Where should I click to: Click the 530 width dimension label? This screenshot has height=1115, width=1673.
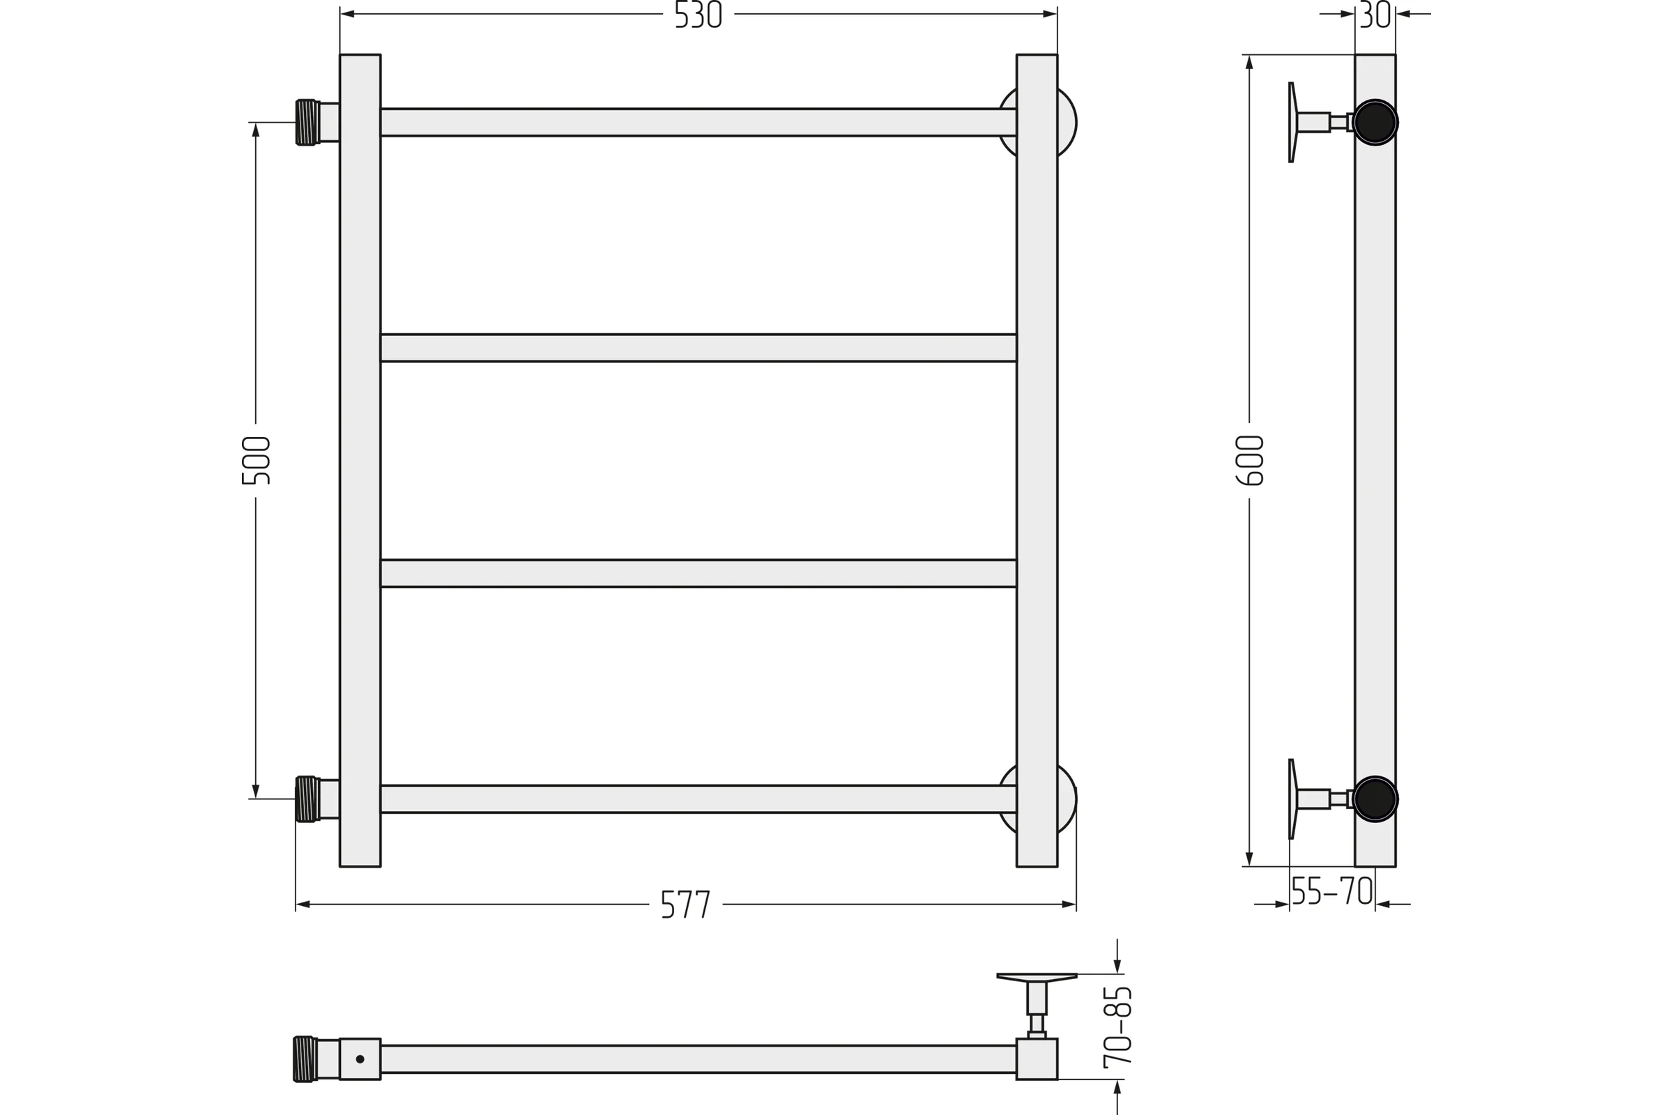click(698, 14)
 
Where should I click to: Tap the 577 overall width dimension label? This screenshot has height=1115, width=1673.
click(686, 904)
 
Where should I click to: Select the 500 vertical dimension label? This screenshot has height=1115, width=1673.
click(255, 461)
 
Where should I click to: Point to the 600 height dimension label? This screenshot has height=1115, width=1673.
click(1249, 461)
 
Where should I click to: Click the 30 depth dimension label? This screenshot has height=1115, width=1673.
click(1374, 14)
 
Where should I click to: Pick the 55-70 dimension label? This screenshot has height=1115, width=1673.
click(1331, 891)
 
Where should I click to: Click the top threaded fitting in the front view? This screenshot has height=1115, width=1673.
click(306, 123)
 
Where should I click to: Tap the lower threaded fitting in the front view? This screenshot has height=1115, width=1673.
click(306, 799)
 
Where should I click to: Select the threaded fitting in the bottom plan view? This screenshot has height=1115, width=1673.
click(304, 1059)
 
